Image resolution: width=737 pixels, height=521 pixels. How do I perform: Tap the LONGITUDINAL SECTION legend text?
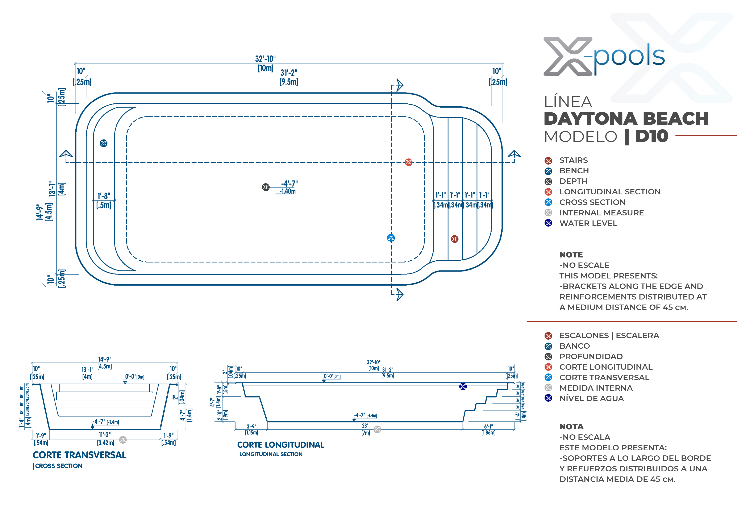(610, 192)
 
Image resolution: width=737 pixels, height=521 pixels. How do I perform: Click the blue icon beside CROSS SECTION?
(548, 202)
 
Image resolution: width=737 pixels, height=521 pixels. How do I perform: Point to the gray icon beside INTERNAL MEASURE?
(548, 212)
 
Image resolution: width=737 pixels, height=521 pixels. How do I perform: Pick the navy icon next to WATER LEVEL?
(548, 223)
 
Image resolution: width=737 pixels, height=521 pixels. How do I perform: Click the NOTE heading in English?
(571, 255)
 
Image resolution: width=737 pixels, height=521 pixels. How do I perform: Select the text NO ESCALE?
(586, 265)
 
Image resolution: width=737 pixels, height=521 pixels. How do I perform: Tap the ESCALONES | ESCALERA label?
(609, 335)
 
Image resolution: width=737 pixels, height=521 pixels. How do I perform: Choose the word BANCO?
(575, 346)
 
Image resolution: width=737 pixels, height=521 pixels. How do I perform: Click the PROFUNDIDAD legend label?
(591, 356)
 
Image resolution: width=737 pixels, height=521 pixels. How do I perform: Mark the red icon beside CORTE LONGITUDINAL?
(548, 367)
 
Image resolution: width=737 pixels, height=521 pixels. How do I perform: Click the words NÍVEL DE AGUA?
(592, 398)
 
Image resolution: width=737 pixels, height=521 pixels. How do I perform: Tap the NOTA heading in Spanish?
(571, 427)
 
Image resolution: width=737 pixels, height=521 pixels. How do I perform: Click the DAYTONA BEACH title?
(626, 119)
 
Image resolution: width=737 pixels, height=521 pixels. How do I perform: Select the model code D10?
(652, 136)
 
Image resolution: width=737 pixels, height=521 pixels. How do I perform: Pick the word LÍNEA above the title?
(568, 102)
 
